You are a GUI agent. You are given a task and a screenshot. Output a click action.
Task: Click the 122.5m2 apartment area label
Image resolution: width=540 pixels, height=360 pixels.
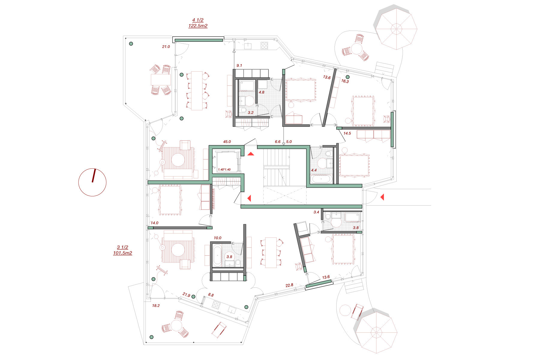coord(198,26)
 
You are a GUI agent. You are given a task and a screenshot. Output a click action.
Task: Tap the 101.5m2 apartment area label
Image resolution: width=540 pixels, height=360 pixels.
coord(122,253)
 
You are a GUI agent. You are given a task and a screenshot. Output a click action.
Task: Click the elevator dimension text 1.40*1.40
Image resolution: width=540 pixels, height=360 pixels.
coord(224,170)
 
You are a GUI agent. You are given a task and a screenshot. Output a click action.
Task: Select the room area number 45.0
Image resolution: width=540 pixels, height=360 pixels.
coord(227,142)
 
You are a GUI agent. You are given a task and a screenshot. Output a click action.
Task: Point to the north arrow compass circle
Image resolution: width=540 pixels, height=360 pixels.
coord(92,182)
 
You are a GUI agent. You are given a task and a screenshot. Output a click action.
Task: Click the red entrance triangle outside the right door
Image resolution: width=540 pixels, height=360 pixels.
coord(382,197)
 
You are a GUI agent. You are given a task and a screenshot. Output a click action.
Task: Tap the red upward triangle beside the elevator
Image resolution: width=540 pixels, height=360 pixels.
coord(251,154)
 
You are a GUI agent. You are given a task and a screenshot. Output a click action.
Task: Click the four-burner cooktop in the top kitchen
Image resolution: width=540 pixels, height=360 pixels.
coord(264,46)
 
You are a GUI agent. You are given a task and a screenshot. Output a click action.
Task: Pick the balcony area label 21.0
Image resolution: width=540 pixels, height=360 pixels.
coord(166,47)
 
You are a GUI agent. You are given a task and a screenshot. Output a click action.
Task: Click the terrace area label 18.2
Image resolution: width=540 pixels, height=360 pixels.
coord(156,306)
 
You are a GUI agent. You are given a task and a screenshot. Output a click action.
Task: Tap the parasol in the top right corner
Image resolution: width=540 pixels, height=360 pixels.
coord(396,29)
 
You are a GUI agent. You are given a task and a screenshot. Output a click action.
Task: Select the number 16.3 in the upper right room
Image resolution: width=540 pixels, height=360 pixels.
coord(345,81)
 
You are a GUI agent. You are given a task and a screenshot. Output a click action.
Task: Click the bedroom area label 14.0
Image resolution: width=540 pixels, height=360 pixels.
coord(154,223)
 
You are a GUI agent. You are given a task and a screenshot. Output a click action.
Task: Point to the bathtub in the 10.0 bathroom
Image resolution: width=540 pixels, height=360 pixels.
coord(217,255)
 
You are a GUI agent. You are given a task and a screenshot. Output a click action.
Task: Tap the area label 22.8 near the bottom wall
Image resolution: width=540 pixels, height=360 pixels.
coord(289,285)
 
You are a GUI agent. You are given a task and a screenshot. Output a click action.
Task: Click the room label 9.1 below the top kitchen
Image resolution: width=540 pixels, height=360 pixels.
coord(239,65)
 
